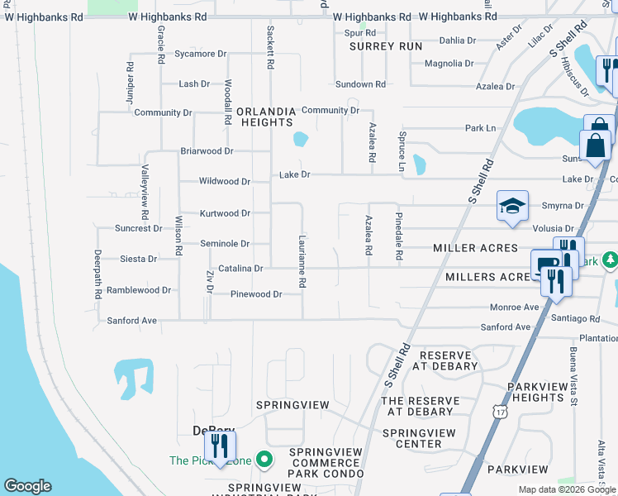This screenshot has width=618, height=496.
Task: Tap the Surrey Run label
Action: [386, 47]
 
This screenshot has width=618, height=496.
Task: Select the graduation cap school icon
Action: [512, 207]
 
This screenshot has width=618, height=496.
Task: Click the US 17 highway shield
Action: [499, 411]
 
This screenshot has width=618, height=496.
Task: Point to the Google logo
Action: [27, 486]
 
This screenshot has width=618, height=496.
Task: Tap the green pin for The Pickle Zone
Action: [264, 458]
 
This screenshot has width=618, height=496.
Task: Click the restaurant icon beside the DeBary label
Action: [220, 447]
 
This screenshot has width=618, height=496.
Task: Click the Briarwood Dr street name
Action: [207, 151]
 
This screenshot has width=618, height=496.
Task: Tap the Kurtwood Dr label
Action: [225, 213]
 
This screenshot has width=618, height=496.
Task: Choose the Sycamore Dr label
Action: [200, 54]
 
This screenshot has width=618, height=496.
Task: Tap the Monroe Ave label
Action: [514, 307]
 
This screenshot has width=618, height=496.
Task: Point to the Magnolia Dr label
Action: [448, 64]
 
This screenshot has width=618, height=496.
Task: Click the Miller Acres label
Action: [475, 248]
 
